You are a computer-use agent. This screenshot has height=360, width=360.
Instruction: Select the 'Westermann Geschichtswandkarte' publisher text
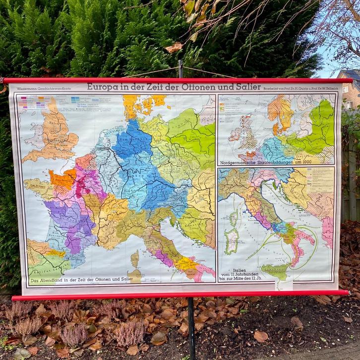coord(37,89)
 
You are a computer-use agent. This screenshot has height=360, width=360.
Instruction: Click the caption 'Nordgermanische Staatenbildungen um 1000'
coord(275,162)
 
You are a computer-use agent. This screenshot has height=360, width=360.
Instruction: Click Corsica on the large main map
coord(135,258)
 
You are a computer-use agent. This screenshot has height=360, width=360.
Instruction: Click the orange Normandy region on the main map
coord(62,178)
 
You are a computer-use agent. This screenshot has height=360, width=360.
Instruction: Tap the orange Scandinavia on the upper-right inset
coord(280,112)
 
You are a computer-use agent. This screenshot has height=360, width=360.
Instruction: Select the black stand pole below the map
coord(191,327)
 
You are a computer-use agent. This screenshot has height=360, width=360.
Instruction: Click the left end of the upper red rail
coord(6,80)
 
